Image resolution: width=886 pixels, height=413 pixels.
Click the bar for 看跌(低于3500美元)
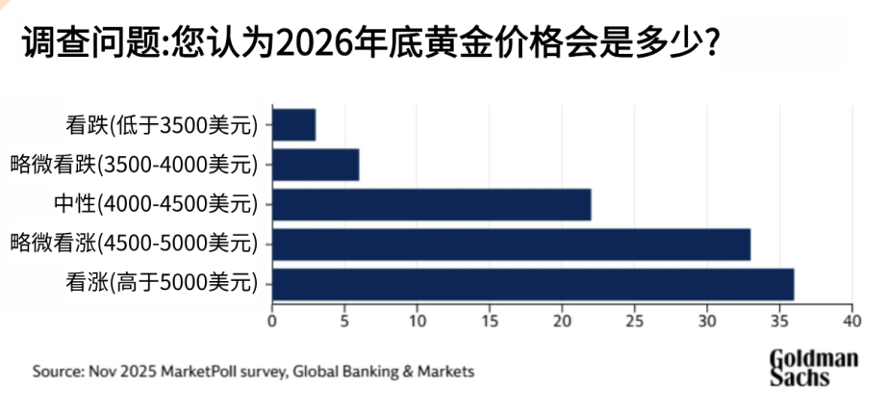[294, 125]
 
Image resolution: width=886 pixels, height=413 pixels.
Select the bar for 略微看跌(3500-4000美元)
[316, 165]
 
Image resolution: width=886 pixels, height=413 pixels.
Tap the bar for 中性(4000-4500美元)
[432, 204]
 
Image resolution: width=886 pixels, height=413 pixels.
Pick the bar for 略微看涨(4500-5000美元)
[512, 244]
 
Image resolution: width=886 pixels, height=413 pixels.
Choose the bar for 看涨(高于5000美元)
[533, 283]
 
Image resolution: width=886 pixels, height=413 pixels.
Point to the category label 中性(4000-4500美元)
[157, 204]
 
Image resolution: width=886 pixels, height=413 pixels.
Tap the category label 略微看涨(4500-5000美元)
[135, 244]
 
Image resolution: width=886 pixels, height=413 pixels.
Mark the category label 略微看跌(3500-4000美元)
[135, 165]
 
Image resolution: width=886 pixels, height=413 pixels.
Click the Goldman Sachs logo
[813, 368]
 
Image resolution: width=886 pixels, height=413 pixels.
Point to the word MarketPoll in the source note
[196, 371]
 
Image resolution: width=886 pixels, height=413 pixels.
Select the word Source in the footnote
[56, 371]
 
